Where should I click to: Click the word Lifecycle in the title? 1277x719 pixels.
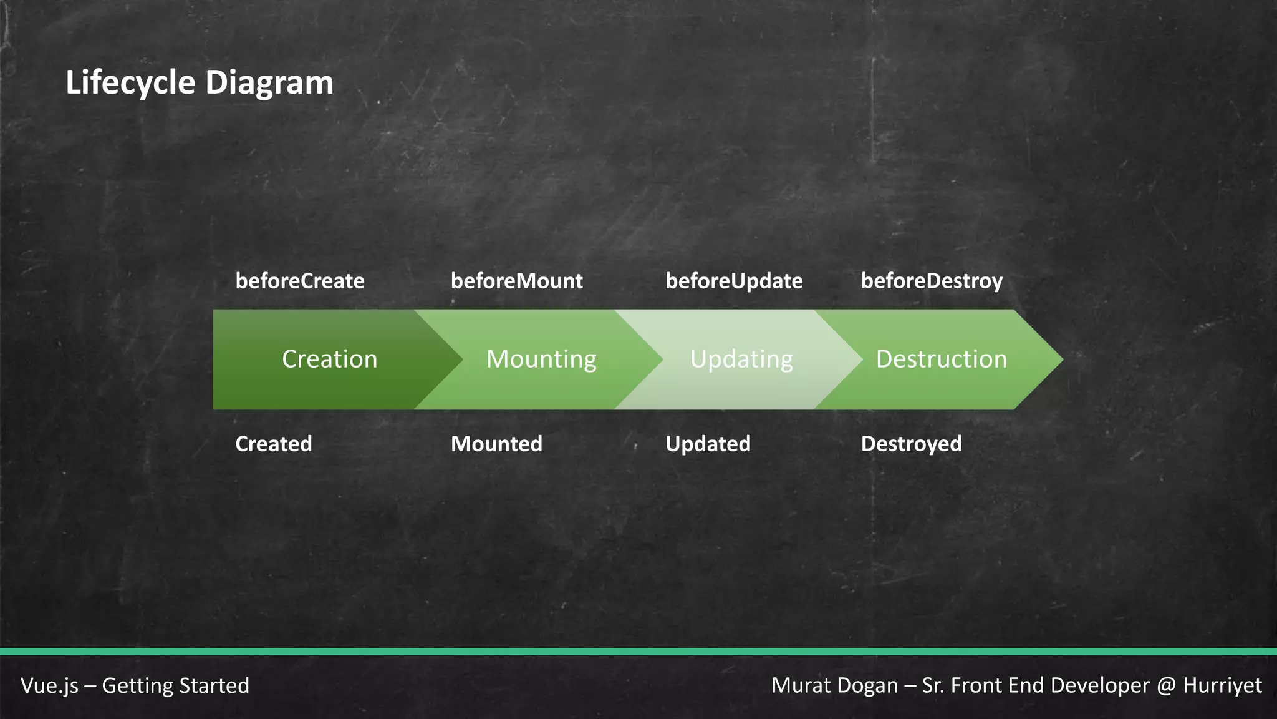click(130, 83)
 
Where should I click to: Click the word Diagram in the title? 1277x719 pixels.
click(269, 83)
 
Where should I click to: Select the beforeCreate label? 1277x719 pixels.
click(300, 281)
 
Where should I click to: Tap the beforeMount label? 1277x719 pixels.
click(516, 281)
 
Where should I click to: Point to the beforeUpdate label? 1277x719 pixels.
click(734, 281)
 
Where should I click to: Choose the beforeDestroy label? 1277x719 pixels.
click(932, 281)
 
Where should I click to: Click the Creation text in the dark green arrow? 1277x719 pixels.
click(329, 359)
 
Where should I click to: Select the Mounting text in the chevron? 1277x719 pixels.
click(541, 359)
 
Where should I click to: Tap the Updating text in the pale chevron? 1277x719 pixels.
click(741, 359)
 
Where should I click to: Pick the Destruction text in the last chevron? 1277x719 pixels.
click(941, 359)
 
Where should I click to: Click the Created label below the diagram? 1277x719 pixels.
click(273, 444)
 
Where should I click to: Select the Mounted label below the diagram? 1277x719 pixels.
click(496, 444)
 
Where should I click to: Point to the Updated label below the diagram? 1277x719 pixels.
click(708, 444)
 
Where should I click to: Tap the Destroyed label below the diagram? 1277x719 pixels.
click(911, 444)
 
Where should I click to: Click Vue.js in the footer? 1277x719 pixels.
click(49, 685)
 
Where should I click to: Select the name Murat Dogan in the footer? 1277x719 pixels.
click(834, 685)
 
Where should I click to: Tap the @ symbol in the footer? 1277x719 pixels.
click(1165, 685)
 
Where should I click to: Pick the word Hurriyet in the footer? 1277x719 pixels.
click(1222, 685)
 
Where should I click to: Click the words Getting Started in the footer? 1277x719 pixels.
click(175, 685)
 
